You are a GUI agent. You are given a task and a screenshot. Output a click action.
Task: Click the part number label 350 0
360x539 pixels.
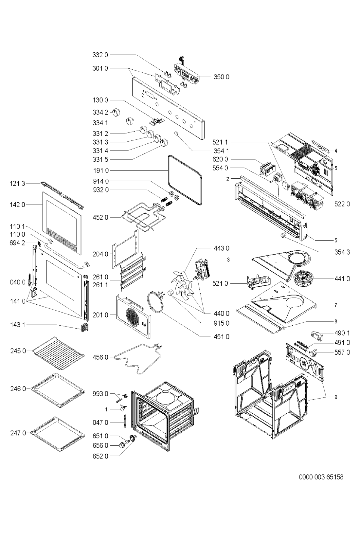pos(222,77)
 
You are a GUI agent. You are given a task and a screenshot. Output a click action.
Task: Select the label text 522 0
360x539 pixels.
pos(342,204)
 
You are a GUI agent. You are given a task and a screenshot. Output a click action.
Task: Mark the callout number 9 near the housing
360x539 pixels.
pos(335,397)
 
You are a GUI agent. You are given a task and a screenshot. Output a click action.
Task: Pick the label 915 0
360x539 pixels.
pos(222,323)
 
